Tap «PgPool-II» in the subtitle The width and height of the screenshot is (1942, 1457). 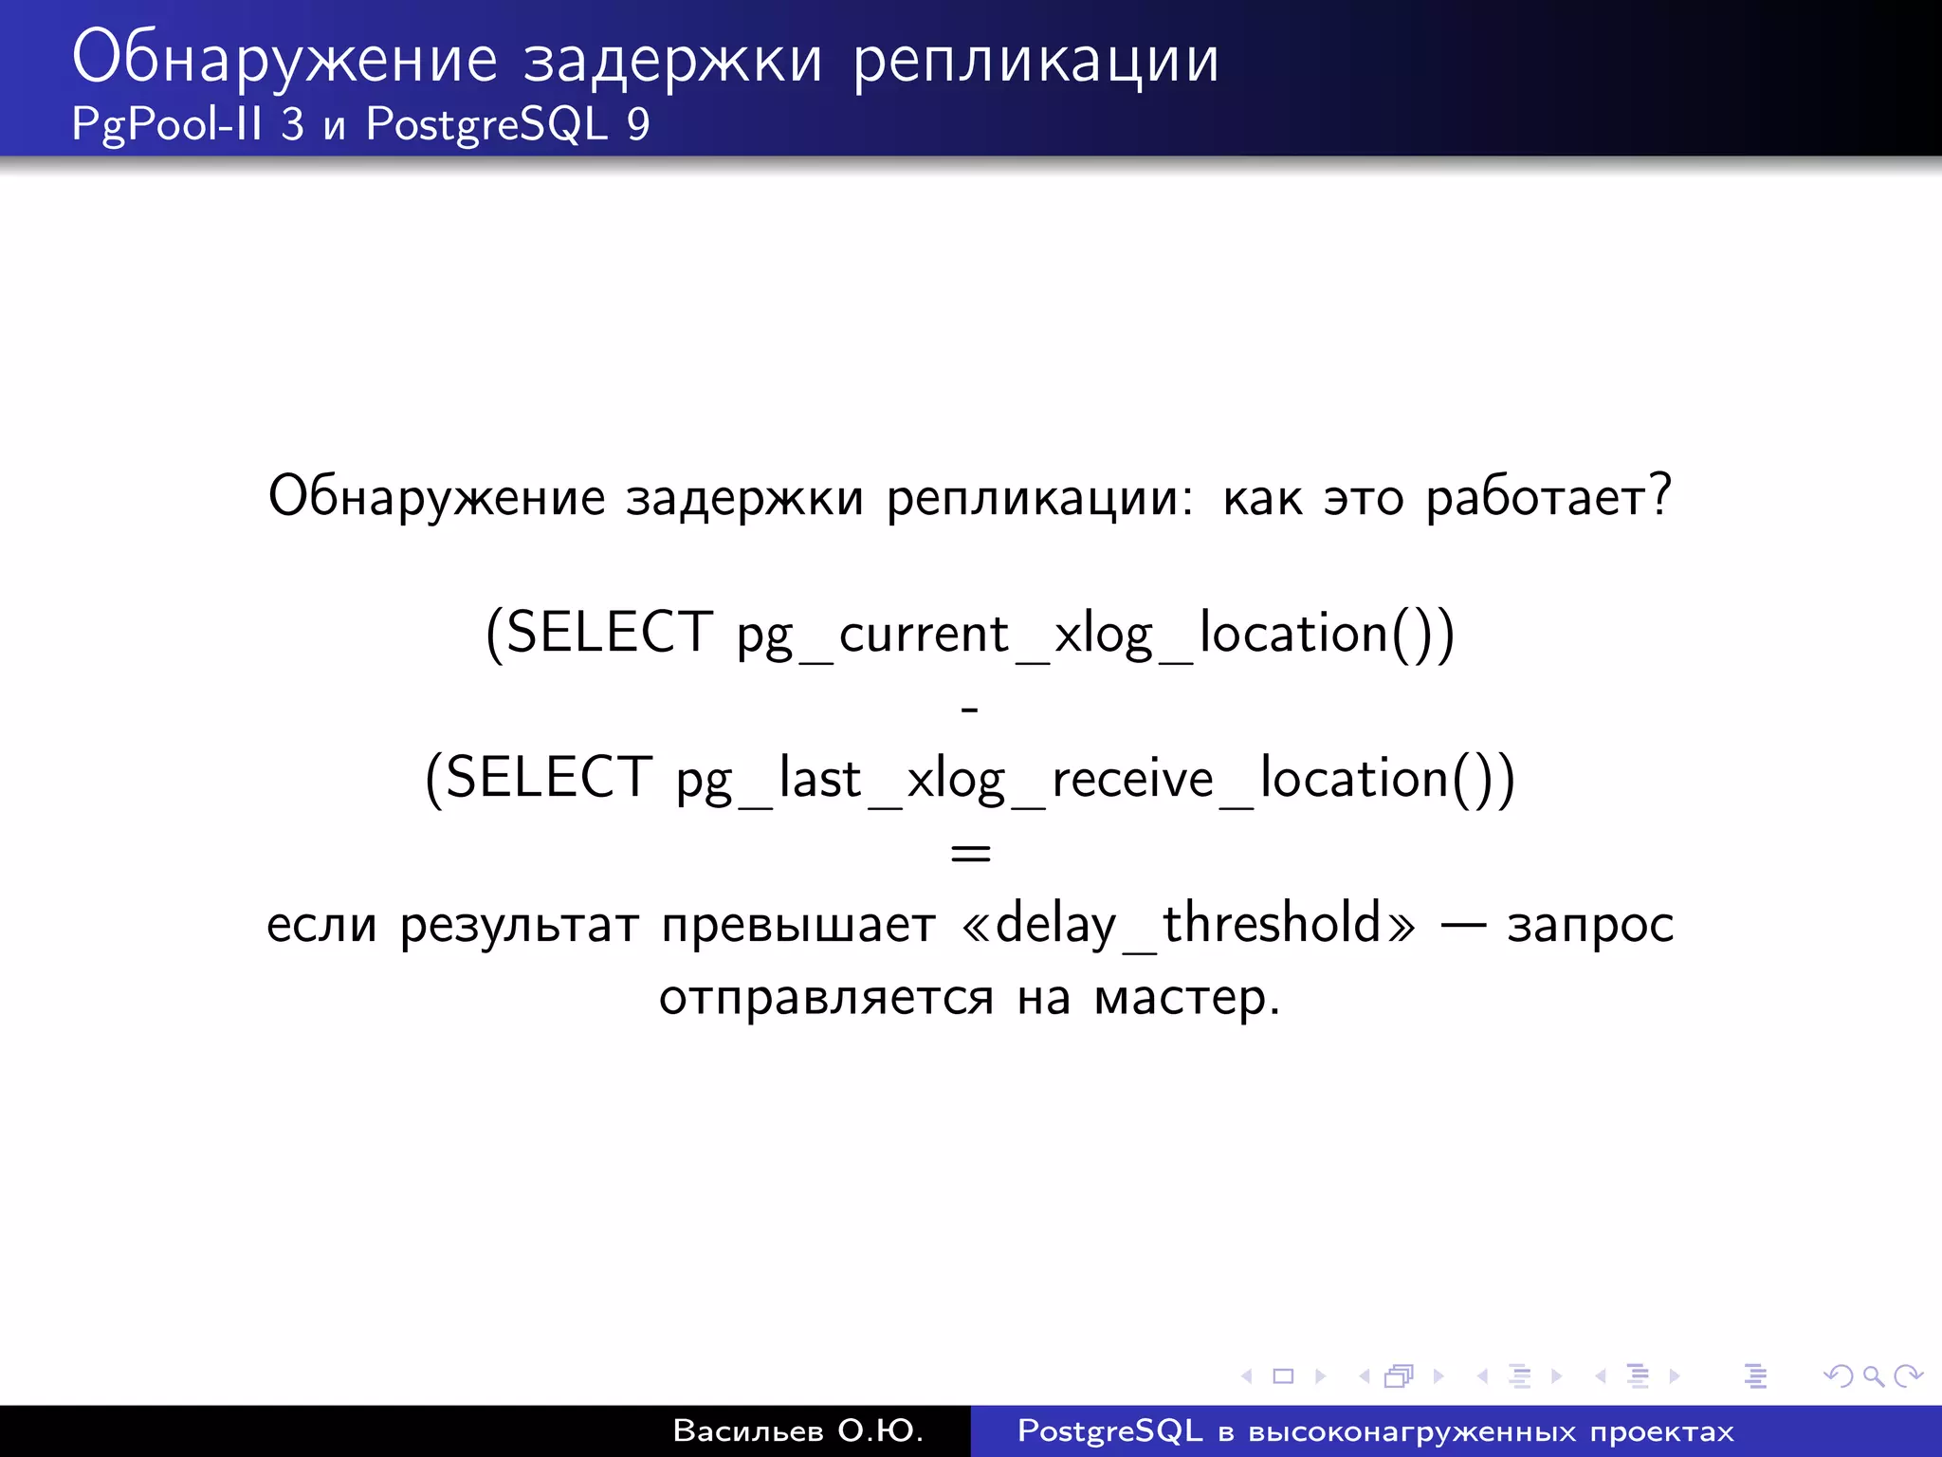tap(166, 124)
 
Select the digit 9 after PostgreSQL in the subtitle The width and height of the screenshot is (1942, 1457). tap(638, 124)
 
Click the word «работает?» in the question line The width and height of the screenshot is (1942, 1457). tap(1548, 497)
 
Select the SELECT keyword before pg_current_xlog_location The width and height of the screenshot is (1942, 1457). tap(608, 633)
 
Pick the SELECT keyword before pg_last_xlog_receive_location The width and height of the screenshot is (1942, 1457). tap(547, 778)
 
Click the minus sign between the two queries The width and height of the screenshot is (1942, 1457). tap(969, 708)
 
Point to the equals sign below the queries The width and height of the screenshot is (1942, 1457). tap(970, 852)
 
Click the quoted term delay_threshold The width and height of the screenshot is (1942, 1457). tap(1188, 924)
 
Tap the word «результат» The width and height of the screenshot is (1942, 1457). tap(520, 925)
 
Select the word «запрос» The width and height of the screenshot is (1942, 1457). tap(1590, 925)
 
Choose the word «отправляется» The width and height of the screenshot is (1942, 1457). tap(826, 998)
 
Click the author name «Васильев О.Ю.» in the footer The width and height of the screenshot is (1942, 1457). tap(797, 1430)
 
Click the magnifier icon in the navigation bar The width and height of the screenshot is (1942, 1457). tap(1873, 1375)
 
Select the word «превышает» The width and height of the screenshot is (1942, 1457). tap(798, 925)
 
